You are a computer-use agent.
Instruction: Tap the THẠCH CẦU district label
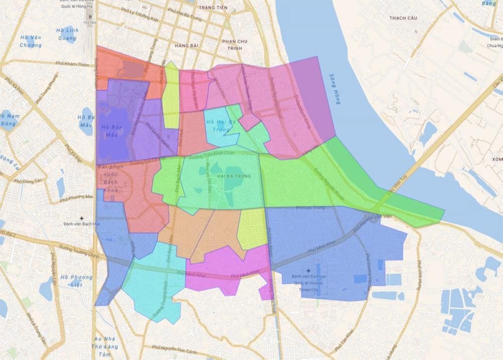pos(404,18)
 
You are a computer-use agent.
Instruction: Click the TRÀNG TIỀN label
pos(213,8)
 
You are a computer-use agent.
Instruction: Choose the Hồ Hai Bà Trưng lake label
pos(221,126)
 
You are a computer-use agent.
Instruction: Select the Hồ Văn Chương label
pos(30,41)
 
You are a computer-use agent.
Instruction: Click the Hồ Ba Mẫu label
pos(86,121)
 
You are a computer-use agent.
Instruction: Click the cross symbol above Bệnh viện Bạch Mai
pos(81,218)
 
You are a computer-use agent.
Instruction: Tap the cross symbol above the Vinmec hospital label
pos(308,271)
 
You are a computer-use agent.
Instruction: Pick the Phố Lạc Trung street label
pos(310,208)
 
